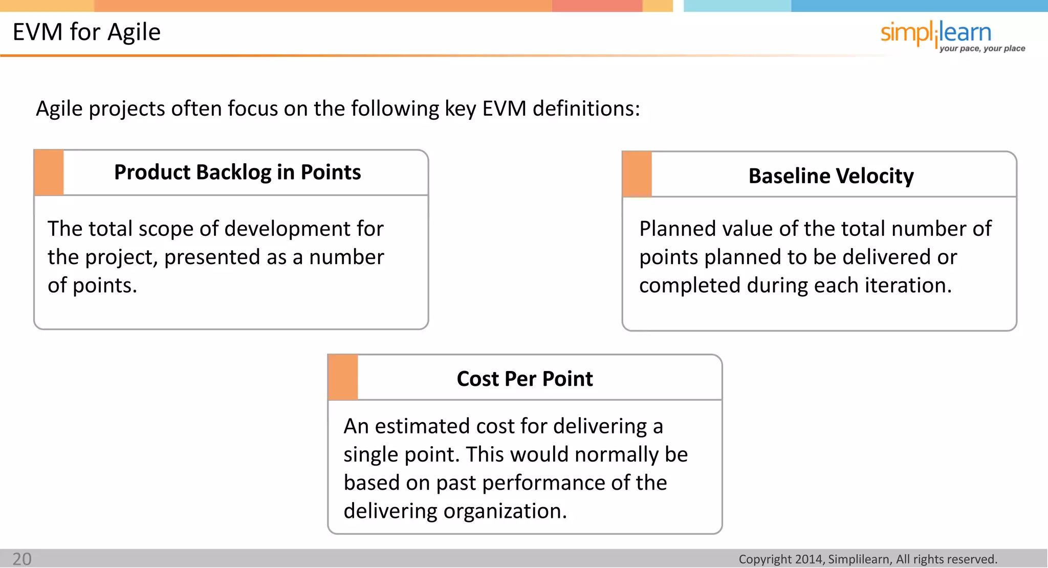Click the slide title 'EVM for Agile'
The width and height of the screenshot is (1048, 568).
coord(86,32)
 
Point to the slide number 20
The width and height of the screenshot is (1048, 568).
coord(22,559)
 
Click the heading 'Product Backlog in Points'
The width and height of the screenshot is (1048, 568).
coord(237,172)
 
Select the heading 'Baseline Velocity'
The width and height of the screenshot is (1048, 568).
coord(831,176)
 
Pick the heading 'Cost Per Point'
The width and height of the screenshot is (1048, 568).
coord(525,379)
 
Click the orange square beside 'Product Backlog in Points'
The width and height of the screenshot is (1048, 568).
coord(49,172)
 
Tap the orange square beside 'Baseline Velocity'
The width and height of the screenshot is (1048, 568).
coord(637,174)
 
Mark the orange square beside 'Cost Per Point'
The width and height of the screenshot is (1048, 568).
coord(343,378)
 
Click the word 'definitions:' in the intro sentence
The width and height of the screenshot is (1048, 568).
coord(586,109)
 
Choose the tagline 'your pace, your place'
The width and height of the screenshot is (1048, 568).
coord(982,49)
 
